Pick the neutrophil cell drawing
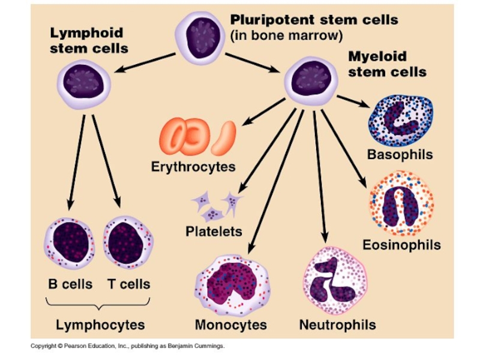pyautogui.click(x=335, y=280)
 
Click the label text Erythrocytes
pyautogui.click(x=193, y=166)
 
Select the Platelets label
pyautogui.click(x=214, y=231)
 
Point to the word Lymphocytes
pyautogui.click(x=100, y=325)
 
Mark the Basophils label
pyautogui.click(x=400, y=155)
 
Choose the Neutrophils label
pyautogui.click(x=337, y=325)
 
